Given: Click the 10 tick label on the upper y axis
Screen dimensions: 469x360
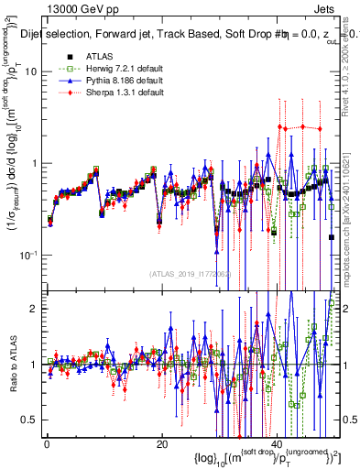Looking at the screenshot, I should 31,71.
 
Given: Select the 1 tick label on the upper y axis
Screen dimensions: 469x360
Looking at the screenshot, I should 34,163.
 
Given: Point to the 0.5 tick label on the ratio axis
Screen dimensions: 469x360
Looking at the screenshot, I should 30,420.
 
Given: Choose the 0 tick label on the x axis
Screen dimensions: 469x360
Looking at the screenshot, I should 47,444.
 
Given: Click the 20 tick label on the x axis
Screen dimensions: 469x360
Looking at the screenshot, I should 161,444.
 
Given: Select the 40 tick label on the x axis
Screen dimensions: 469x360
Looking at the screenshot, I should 277,444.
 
